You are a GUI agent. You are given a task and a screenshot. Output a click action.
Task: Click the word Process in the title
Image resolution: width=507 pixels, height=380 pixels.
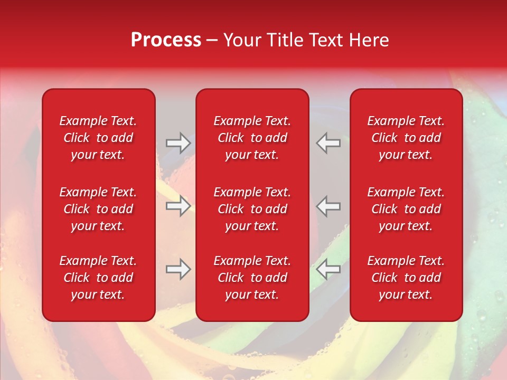(166, 40)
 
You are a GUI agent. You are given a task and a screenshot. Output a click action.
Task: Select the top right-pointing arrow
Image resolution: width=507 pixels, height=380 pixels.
(178, 143)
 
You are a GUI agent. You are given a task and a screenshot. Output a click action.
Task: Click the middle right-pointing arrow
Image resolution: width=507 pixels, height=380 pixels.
(178, 206)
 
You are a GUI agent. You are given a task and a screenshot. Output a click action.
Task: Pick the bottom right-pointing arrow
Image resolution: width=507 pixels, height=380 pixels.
(178, 269)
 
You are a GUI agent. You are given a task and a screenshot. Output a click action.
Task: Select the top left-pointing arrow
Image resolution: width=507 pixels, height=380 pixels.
(328, 143)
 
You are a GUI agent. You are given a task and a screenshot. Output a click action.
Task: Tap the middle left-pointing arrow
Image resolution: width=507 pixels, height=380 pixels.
(328, 206)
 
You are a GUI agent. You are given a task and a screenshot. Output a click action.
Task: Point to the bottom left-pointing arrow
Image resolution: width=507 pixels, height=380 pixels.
(328, 269)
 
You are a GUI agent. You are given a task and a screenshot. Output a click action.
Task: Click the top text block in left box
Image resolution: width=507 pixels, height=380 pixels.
(98, 138)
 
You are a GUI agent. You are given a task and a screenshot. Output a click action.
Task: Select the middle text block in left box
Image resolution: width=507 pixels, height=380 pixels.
(98, 209)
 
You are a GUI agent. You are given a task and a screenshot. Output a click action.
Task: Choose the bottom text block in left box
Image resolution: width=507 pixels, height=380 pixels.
(98, 278)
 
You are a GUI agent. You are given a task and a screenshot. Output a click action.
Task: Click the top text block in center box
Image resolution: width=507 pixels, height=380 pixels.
(252, 138)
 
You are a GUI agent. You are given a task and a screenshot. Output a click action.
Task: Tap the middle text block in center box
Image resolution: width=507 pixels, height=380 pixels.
(252, 209)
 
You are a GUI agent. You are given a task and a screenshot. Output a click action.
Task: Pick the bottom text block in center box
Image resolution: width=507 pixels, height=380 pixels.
(252, 278)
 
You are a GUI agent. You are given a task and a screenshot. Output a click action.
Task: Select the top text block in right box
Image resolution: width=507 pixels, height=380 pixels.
(406, 138)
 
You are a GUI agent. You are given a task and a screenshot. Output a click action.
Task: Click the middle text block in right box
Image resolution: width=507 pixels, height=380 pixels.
(406, 209)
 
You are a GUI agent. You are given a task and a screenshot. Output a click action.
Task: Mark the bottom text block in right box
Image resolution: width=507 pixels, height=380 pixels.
(406, 278)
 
